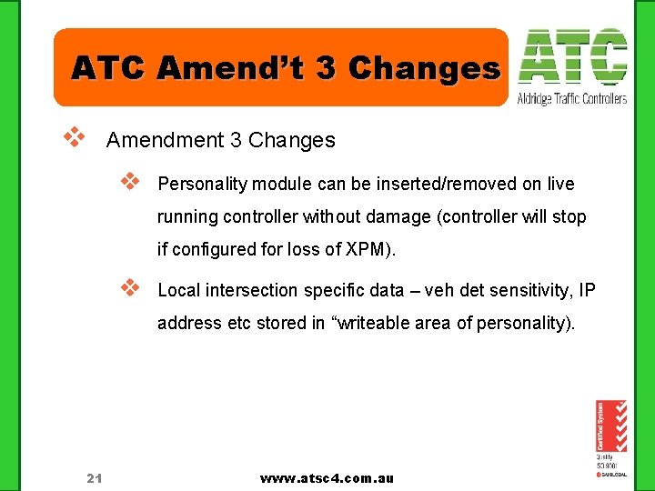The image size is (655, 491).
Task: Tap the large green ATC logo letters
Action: pos(572,58)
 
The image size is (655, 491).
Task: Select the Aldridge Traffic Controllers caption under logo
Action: pos(572,98)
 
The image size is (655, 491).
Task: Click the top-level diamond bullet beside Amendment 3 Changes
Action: pos(73,139)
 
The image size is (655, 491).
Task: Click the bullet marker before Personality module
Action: pos(129,182)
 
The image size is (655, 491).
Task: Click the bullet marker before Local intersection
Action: pos(129,288)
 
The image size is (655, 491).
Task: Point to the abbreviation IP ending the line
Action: pos(587,291)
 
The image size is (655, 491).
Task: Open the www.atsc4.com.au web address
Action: pos(327,478)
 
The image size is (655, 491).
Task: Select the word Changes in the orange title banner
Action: pos(424,67)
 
